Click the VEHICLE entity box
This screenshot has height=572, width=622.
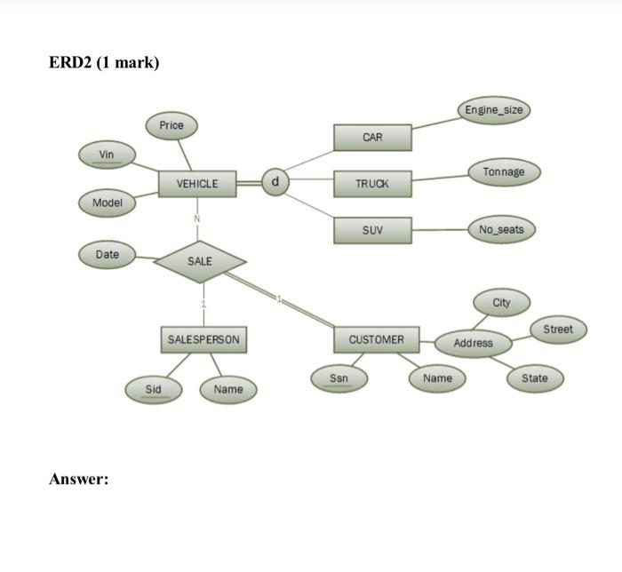(x=197, y=184)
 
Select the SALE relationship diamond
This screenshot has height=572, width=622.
(x=200, y=261)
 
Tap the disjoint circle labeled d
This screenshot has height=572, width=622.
(x=275, y=182)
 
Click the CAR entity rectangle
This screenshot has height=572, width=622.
(x=372, y=138)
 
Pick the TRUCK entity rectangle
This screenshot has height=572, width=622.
(x=372, y=184)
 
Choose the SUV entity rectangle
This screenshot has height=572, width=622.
(x=372, y=230)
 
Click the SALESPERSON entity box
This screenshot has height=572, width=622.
(x=203, y=339)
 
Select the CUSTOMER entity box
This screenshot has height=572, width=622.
(x=376, y=339)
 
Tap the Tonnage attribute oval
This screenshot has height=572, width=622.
(x=504, y=171)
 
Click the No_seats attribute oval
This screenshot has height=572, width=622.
(x=501, y=229)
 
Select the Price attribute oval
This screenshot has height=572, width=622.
(x=171, y=126)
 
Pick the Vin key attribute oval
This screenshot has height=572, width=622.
(x=107, y=155)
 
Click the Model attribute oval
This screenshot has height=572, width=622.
(x=108, y=203)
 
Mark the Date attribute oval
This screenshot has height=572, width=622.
(x=108, y=254)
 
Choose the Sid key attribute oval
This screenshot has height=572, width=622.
(x=154, y=389)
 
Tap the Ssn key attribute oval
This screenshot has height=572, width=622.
(x=339, y=378)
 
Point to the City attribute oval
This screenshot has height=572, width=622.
(x=502, y=302)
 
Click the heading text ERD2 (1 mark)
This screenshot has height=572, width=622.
(x=104, y=63)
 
